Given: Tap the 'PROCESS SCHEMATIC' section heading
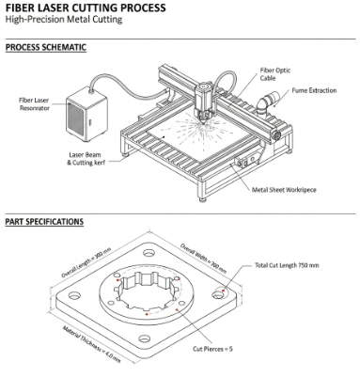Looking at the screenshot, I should click(x=46, y=46).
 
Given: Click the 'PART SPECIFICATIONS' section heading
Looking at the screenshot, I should click(x=43, y=222).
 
